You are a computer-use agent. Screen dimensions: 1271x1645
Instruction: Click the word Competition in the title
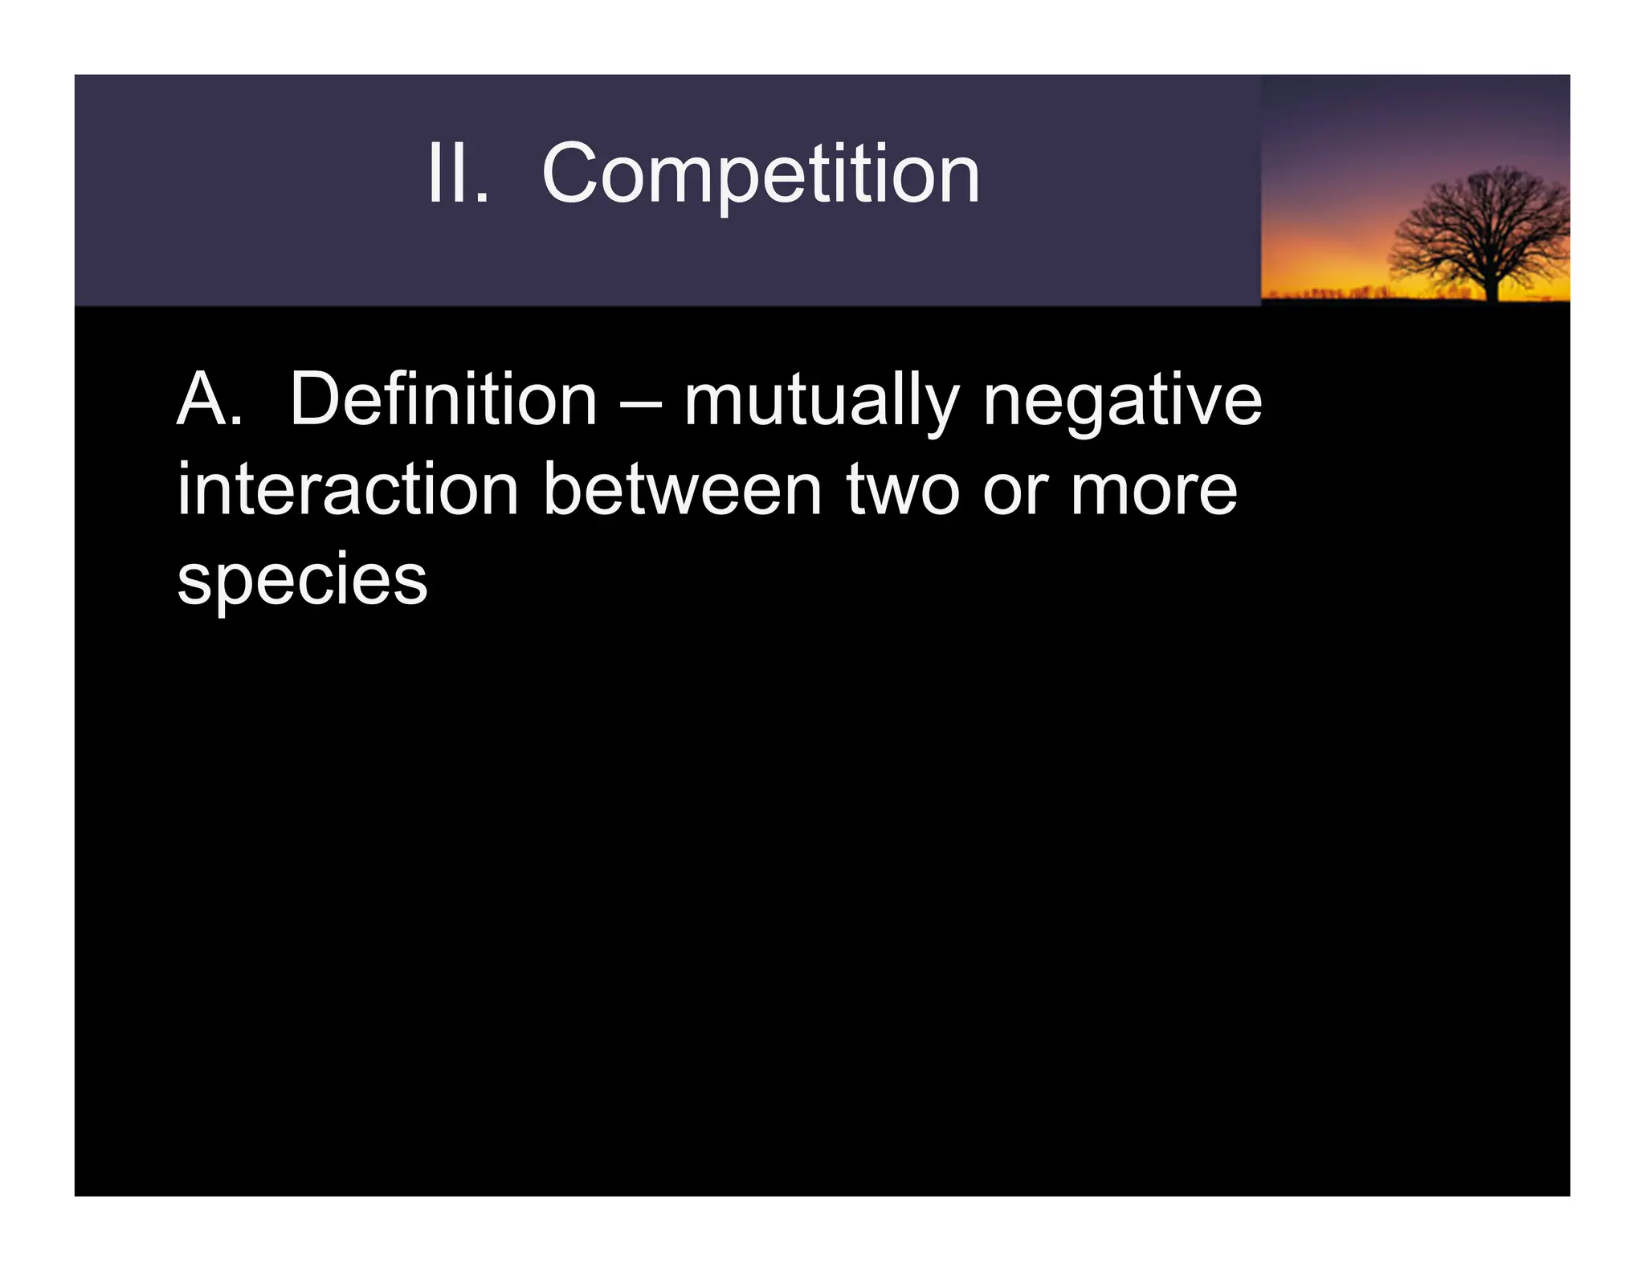click(760, 174)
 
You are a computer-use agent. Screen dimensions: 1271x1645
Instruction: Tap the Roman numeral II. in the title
click(457, 174)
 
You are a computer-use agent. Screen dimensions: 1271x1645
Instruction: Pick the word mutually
click(821, 402)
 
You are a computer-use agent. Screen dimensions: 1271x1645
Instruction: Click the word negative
click(1122, 402)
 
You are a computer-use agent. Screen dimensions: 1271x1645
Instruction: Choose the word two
click(903, 492)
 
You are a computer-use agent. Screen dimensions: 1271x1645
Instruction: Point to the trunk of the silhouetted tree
click(1492, 284)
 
